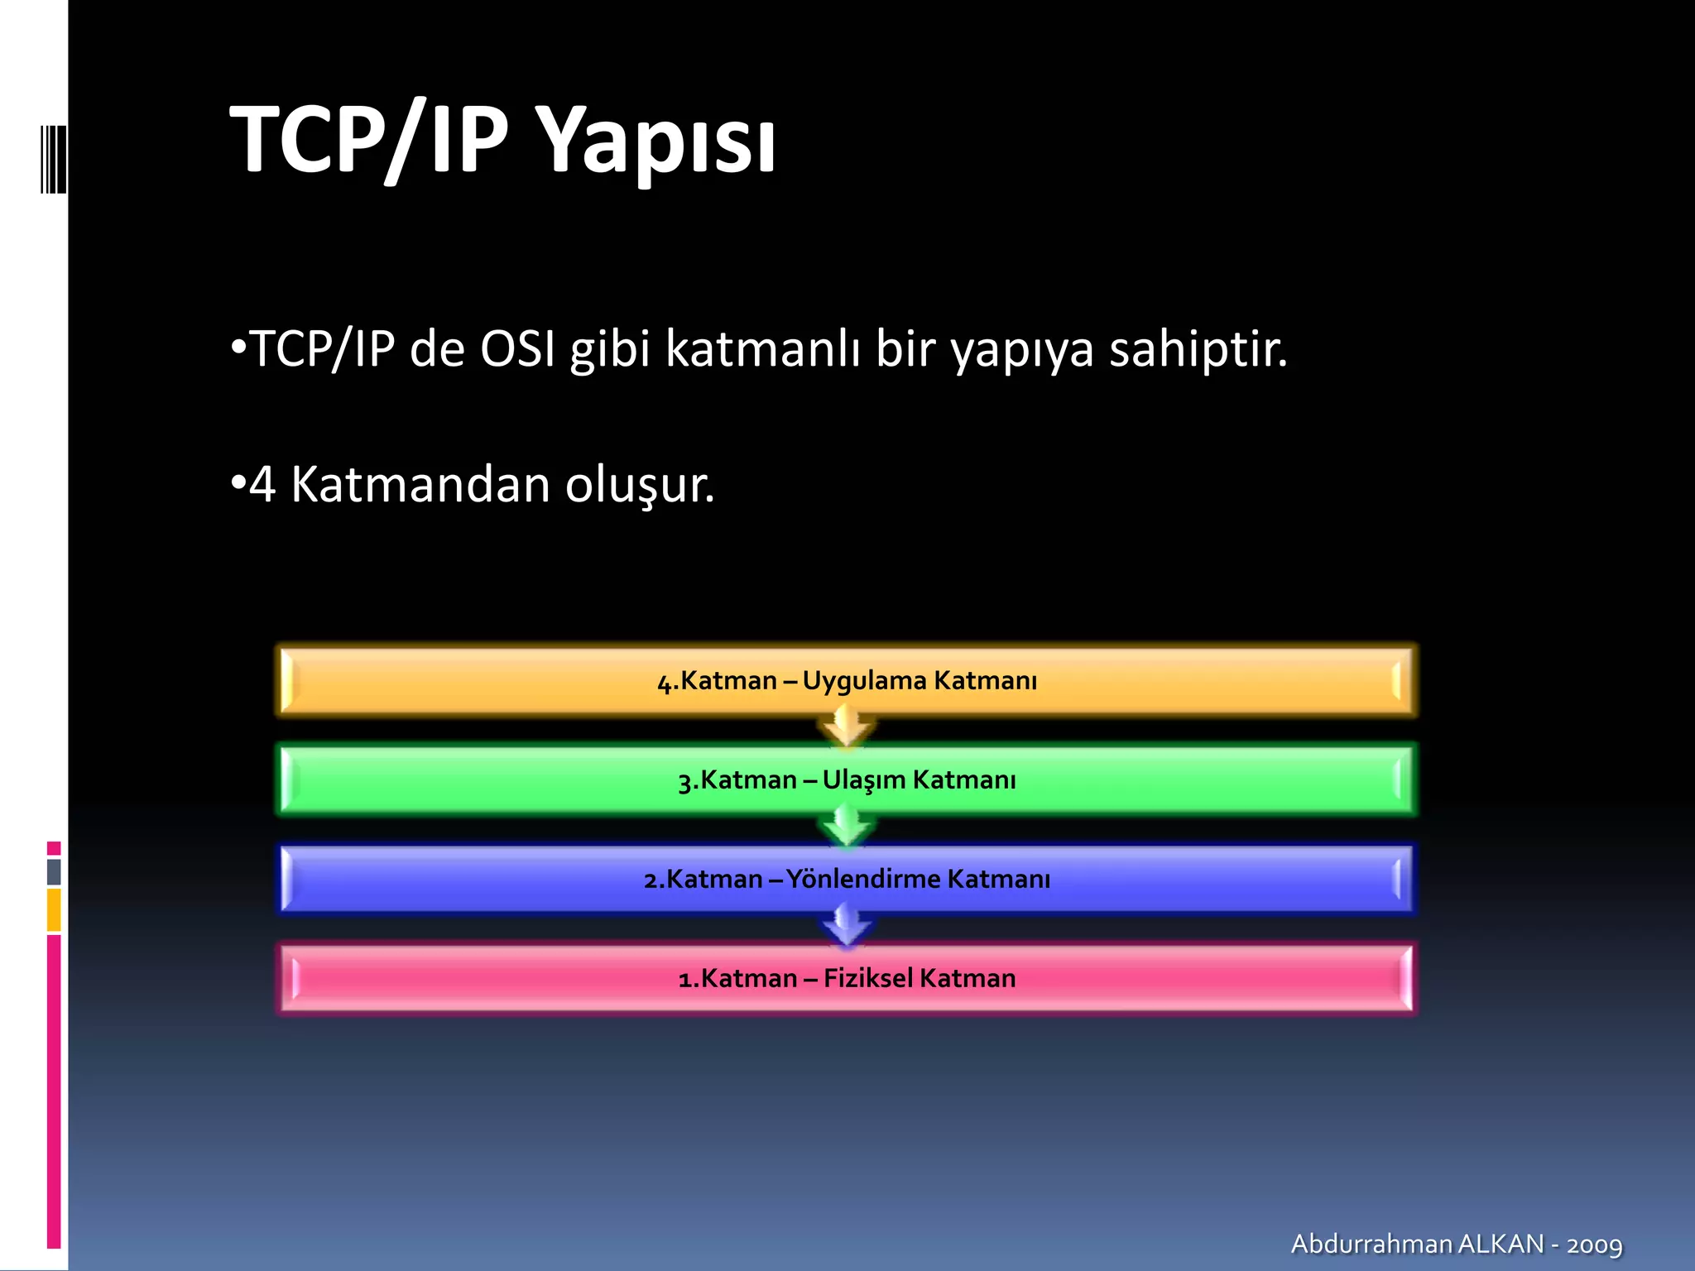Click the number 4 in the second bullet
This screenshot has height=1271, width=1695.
click(x=262, y=485)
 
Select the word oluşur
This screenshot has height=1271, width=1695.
click(x=639, y=485)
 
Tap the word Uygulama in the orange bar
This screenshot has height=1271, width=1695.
click(x=864, y=681)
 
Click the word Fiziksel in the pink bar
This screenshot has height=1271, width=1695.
click(x=867, y=978)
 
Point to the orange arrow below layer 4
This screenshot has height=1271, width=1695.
click(x=846, y=727)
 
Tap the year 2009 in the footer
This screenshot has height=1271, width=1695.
click(x=1594, y=1245)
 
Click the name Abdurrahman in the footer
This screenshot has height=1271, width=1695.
click(x=1371, y=1244)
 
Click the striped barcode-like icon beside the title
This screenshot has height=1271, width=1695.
click(x=53, y=159)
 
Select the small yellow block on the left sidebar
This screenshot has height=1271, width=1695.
click(x=54, y=910)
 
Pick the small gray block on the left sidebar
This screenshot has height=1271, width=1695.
click(x=54, y=871)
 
